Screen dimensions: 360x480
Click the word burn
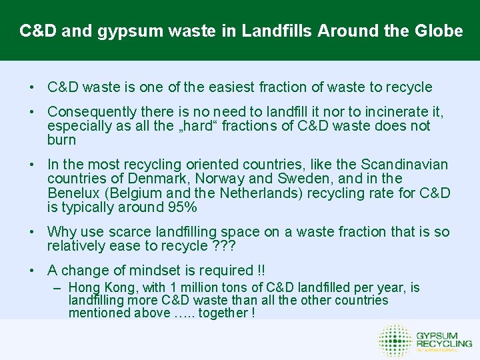tap(62, 140)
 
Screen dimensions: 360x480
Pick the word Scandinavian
tap(405, 165)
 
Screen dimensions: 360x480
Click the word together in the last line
tap(227, 313)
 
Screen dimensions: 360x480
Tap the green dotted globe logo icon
tap(395, 340)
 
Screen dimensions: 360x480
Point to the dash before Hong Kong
tap(58, 288)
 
